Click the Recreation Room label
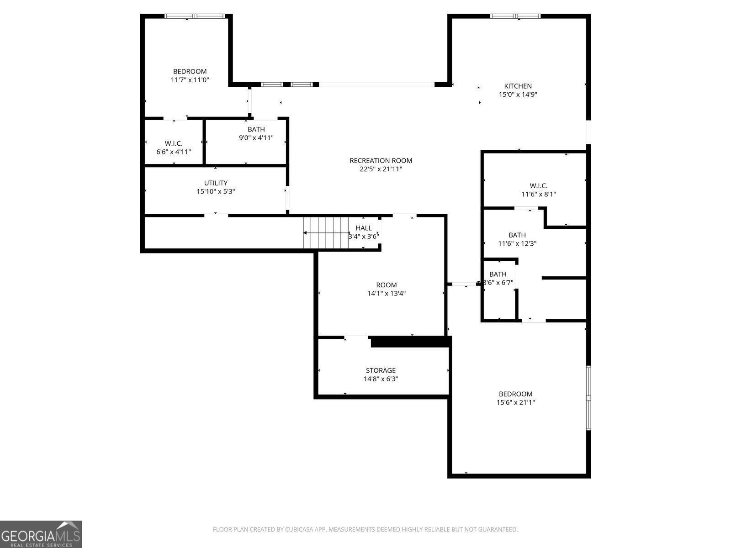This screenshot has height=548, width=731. point(381,160)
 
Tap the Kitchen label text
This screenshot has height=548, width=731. point(518,86)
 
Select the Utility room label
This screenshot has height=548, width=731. point(216,183)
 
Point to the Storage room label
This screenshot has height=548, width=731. point(381,370)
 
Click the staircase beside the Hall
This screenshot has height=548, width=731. point(325,233)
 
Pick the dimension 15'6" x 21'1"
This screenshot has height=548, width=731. point(515,402)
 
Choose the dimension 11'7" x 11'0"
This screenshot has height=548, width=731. point(190,80)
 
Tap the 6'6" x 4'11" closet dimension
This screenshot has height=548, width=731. point(174,152)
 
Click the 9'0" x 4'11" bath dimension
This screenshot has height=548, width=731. point(256,138)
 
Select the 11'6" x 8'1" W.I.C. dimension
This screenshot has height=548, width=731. point(539,195)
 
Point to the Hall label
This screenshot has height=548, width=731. point(363,228)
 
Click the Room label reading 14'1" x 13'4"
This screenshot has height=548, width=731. point(387,285)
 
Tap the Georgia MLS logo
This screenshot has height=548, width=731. point(41,534)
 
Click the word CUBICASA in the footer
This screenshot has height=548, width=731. point(299,529)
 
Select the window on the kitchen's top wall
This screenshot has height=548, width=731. point(515,16)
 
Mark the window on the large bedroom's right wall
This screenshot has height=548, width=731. point(588,398)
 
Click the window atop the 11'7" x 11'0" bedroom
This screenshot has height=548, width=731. point(195,16)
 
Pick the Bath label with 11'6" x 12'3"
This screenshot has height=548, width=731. point(517,235)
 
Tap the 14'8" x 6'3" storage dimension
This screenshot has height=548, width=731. point(381,379)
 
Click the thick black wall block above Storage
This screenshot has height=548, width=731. point(411,342)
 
